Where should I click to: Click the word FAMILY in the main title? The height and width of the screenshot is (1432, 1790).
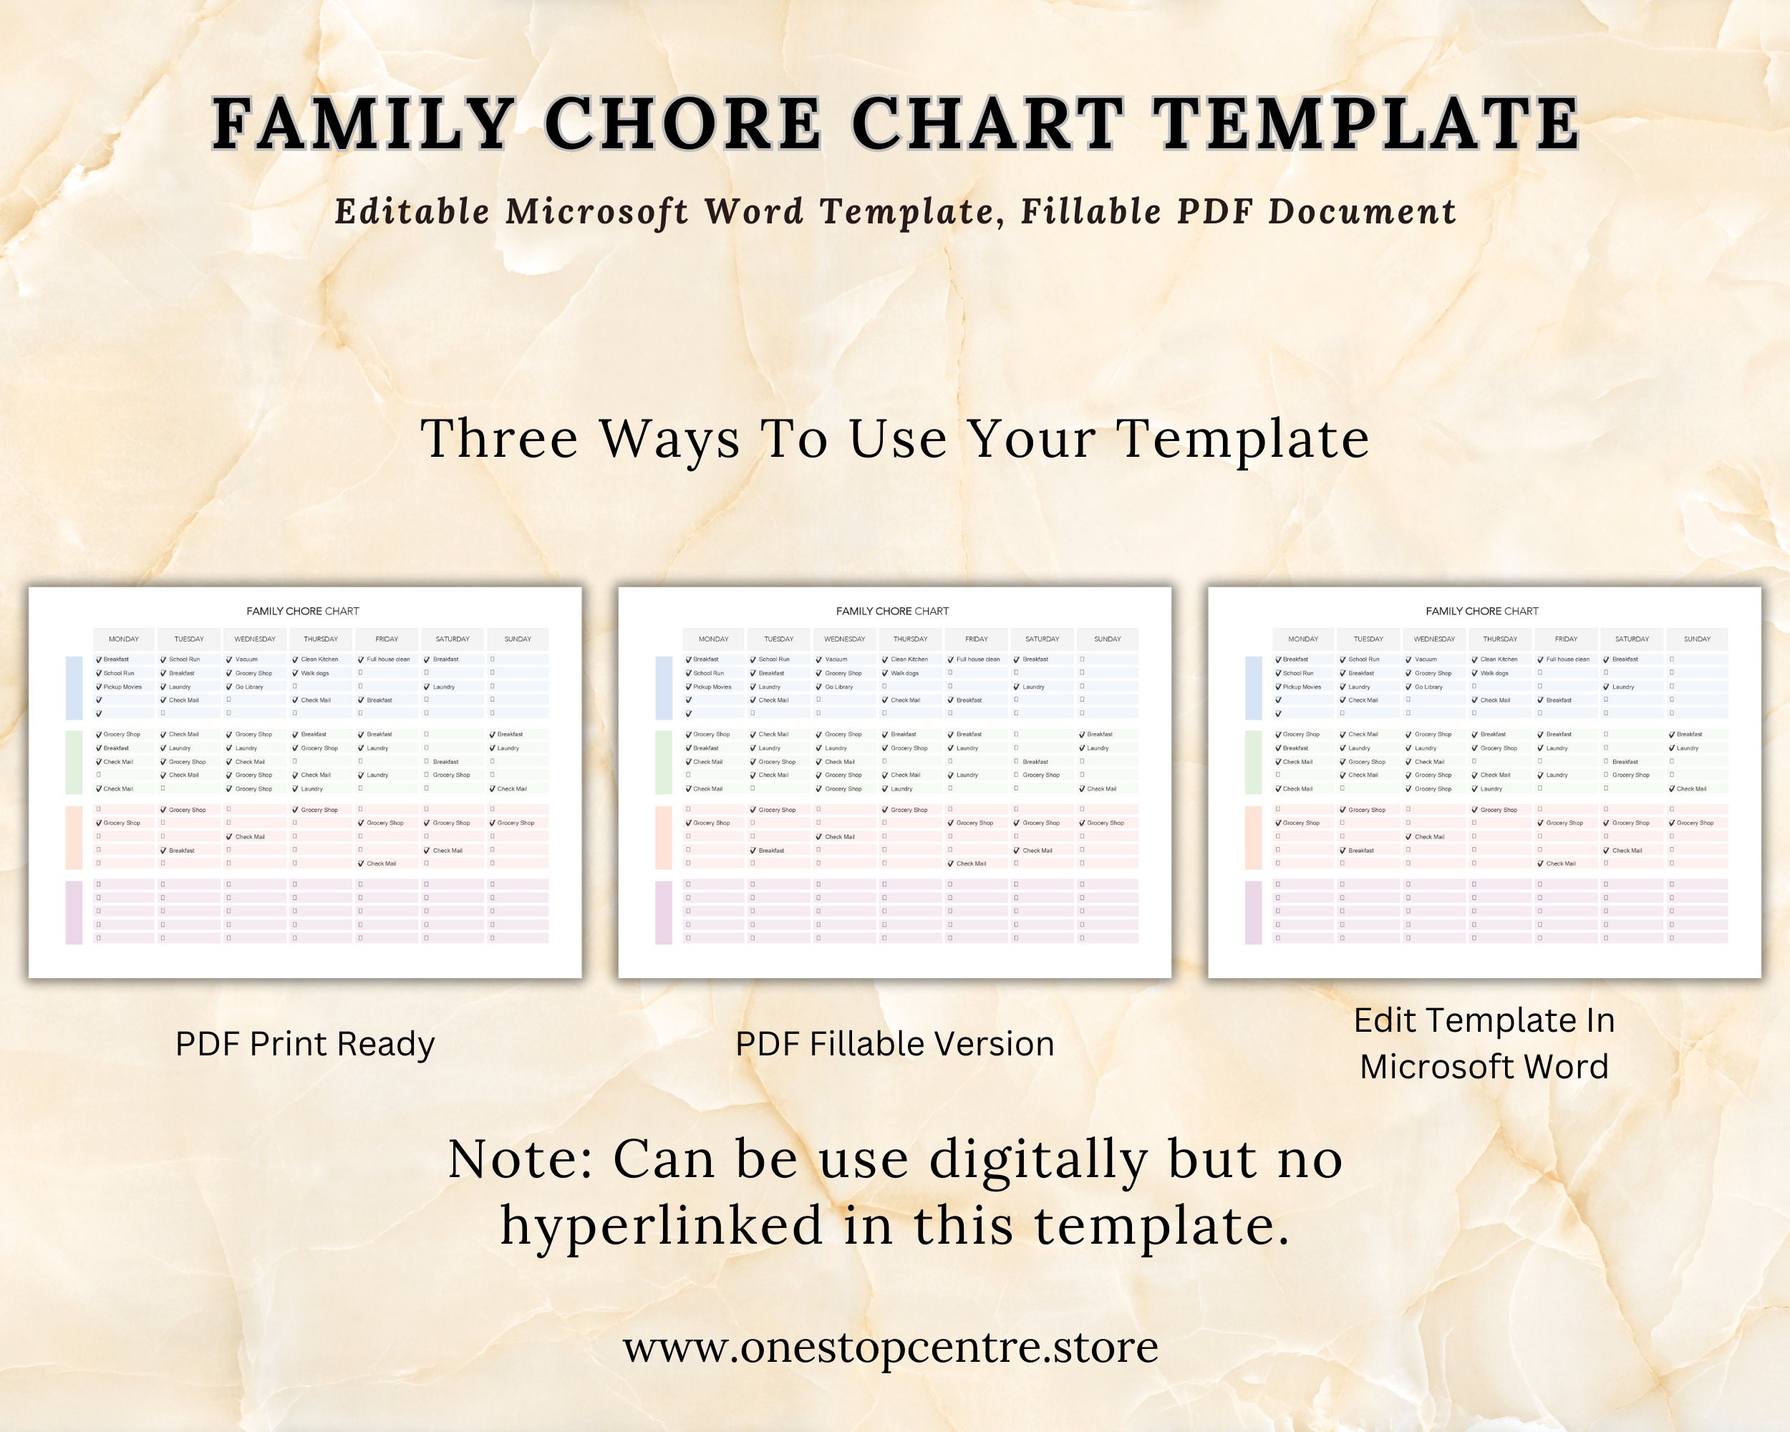(x=362, y=124)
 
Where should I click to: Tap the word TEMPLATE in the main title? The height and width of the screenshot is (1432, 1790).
(x=1365, y=124)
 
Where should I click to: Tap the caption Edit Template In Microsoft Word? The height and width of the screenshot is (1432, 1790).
(x=1484, y=1042)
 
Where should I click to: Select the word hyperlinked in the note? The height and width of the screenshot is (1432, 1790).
(x=661, y=1225)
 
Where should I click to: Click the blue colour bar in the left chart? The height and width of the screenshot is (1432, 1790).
(x=74, y=687)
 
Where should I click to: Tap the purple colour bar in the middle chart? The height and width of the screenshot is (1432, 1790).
(x=663, y=912)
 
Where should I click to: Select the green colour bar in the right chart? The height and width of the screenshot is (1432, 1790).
(x=1253, y=762)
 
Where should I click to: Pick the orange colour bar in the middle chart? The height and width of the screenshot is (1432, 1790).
(x=663, y=837)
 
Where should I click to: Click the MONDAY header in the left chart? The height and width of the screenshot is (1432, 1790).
(x=124, y=639)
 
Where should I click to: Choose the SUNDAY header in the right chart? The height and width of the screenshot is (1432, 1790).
(x=1697, y=639)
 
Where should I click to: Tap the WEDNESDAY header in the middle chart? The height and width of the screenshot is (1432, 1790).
(x=844, y=639)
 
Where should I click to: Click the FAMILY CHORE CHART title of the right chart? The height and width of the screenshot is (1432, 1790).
(x=1482, y=611)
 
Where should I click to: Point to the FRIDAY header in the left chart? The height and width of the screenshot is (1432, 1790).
(x=387, y=639)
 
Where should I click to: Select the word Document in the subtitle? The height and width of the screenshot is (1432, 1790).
(x=1363, y=212)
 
